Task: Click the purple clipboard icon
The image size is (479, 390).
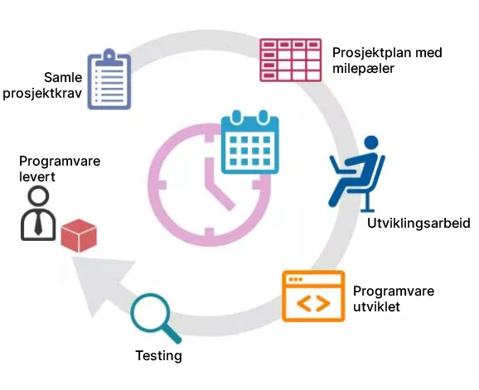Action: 109,79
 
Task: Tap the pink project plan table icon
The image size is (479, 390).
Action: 291,60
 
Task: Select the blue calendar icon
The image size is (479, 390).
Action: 250,142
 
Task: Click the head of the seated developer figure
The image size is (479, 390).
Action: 371,143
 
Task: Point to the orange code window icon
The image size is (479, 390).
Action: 313,296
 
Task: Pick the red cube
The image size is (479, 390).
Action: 79,236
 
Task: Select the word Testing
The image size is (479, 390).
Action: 158,356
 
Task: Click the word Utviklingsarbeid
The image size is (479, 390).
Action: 419,223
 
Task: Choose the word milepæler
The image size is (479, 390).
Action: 363,68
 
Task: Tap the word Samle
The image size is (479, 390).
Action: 63,77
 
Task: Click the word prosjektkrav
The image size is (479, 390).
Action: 42,94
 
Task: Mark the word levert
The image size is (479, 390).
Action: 37,176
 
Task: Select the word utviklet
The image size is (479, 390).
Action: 376,306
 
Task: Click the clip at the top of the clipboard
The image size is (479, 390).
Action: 109,58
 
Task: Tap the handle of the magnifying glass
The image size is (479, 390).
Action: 172,334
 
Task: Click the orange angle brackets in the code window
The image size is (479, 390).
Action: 313,303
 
